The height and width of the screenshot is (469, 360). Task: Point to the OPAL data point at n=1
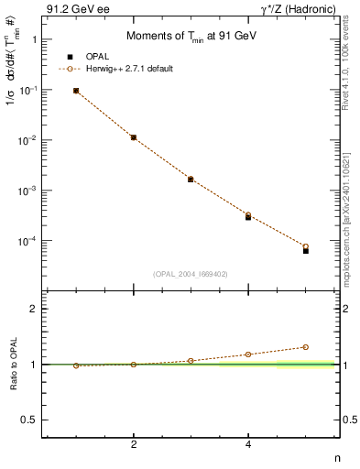coord(76,91)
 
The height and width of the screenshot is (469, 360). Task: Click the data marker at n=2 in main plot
coord(134,137)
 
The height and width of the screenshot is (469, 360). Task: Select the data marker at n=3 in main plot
coord(191,180)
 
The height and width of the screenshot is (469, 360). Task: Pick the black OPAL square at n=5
coord(306,250)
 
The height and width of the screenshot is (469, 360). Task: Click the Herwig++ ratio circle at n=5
coord(306,347)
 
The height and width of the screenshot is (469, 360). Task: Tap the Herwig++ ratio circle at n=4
coord(248,354)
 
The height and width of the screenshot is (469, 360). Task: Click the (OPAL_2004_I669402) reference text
coord(190,273)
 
